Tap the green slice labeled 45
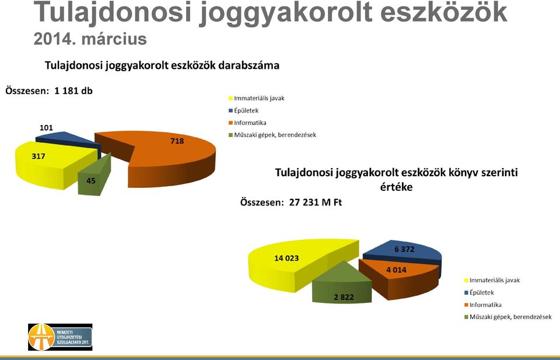click(x=93, y=177)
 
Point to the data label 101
click(x=46, y=128)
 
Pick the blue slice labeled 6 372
click(x=407, y=252)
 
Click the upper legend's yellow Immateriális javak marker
click(x=230, y=98)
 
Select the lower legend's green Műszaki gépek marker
click(x=466, y=317)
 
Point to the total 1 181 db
click(x=73, y=90)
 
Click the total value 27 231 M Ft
click(x=316, y=202)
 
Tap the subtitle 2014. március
click(x=90, y=39)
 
